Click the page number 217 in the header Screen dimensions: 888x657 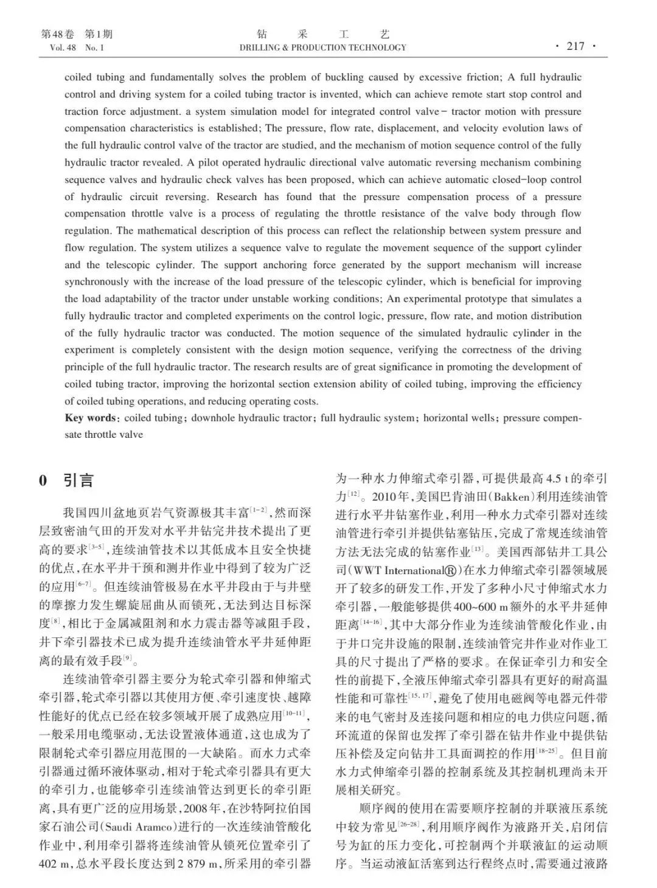tap(575, 46)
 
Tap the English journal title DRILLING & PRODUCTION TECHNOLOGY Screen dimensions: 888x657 tap(322, 47)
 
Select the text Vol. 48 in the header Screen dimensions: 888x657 tap(58, 47)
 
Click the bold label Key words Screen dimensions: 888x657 tap(90, 418)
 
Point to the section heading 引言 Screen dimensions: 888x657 tap(79, 480)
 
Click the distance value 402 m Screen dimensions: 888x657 tap(56, 864)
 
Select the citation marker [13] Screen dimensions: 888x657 tap(479, 550)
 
